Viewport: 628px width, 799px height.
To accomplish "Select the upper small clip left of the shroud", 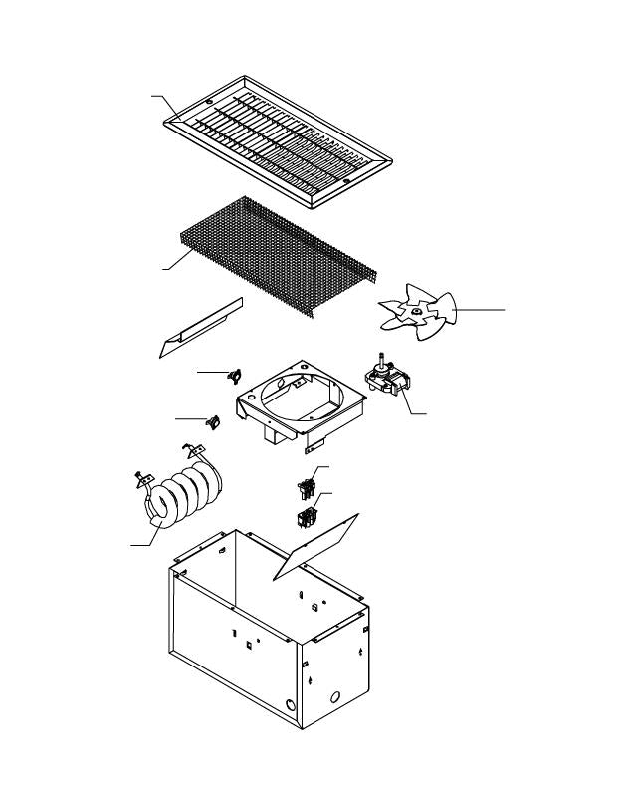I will point(236,375).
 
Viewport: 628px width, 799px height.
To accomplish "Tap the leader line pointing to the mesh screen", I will point(175,261).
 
